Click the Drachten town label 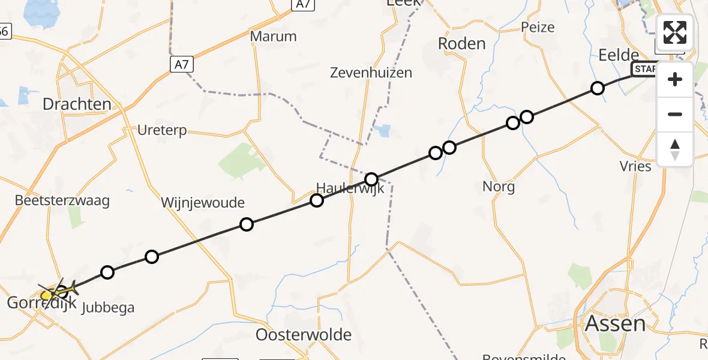77,104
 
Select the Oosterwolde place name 304,335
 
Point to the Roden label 461,44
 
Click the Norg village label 499,187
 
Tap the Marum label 273,36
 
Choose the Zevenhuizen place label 371,73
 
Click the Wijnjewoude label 203,203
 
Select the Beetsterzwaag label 64,200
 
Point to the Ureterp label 162,130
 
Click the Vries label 636,166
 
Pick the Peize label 538,27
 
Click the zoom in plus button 675,80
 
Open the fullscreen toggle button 675,32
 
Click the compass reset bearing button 675,149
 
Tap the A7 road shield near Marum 181,64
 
